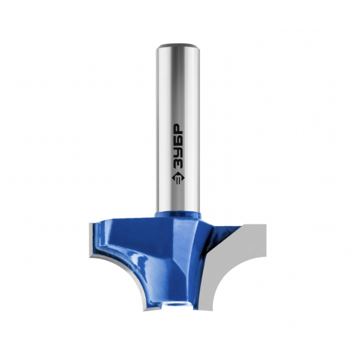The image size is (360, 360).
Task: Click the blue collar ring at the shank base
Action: [x=178, y=215]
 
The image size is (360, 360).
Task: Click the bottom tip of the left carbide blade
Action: [x=144, y=310]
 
